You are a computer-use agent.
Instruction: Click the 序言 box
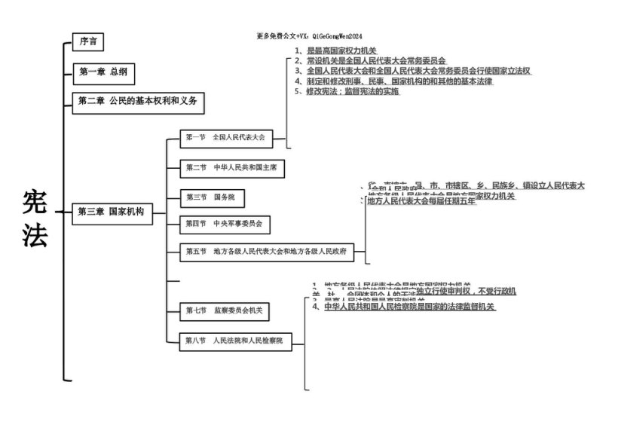pyautogui.click(x=88, y=42)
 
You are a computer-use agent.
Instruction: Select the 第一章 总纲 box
pyautogui.click(x=102, y=72)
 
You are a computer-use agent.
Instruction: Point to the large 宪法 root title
pyautogui.click(x=35, y=218)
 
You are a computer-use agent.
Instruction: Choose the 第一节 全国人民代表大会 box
pyautogui.click(x=227, y=138)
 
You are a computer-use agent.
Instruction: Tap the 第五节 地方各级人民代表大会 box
pyautogui.click(x=268, y=251)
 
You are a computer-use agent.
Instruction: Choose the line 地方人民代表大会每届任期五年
pyautogui.click(x=421, y=202)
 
